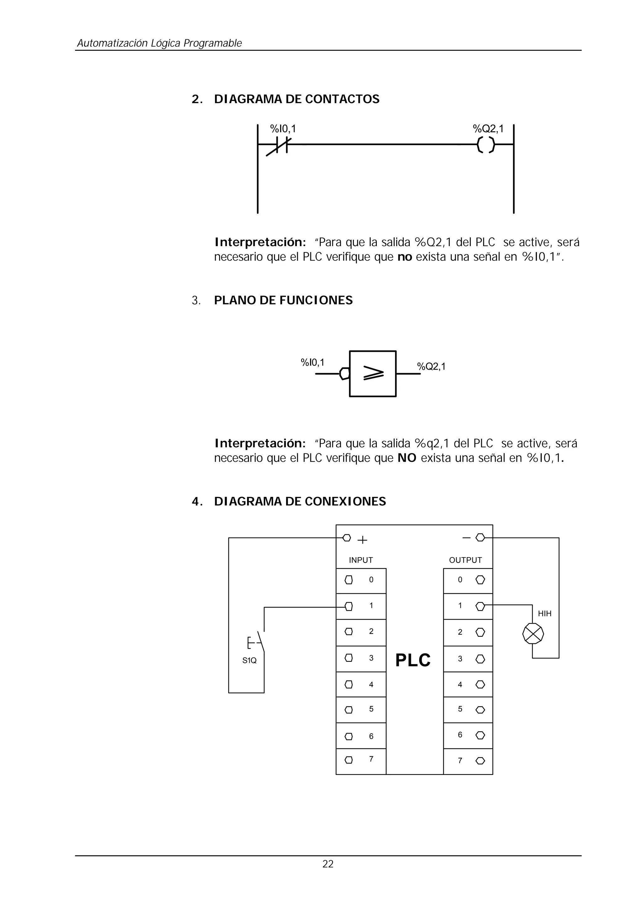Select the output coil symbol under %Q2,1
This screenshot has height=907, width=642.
486,145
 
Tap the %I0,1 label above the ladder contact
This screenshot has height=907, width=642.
283,129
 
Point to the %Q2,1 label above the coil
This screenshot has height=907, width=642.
488,129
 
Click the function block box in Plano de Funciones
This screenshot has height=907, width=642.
372,374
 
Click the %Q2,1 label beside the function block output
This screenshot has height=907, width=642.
431,366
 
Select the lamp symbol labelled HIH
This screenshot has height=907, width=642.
533,634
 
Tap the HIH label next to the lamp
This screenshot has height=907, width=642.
545,614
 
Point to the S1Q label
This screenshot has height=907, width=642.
250,660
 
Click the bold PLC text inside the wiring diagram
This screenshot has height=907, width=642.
413,660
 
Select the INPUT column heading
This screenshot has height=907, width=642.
360,560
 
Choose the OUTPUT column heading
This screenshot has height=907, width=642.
465,560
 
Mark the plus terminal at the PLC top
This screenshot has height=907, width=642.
347,538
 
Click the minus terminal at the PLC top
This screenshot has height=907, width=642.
480,537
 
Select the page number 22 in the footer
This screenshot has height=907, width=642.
328,864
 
